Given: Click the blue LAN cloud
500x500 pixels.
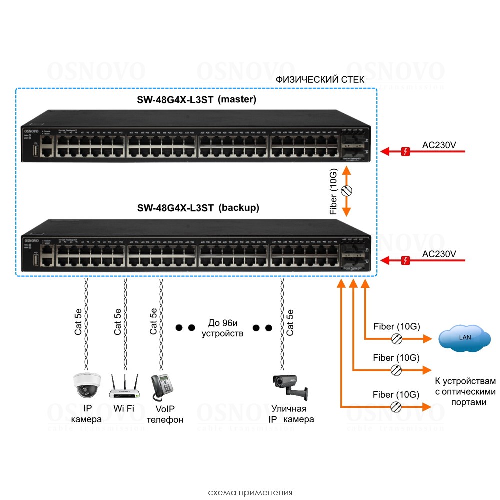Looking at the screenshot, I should pyautogui.click(x=464, y=338).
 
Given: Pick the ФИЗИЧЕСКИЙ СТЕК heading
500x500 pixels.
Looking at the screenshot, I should pyautogui.click(x=320, y=79).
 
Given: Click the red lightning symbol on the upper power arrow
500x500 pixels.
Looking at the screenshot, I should pyautogui.click(x=407, y=150).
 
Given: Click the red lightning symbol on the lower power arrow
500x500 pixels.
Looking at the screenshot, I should pyautogui.click(x=407, y=259).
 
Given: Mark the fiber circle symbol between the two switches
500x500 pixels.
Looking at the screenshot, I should pyautogui.click(x=346, y=190).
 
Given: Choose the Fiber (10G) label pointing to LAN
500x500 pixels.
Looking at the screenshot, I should pyautogui.click(x=396, y=327).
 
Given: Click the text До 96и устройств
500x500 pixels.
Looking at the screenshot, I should pyautogui.click(x=222, y=328).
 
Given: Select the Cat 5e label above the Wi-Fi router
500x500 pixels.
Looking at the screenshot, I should pyautogui.click(x=118, y=321).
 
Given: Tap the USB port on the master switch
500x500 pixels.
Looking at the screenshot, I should pyautogui.click(x=36, y=150).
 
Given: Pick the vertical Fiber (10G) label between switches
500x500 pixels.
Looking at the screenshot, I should pyautogui.click(x=334, y=192).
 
